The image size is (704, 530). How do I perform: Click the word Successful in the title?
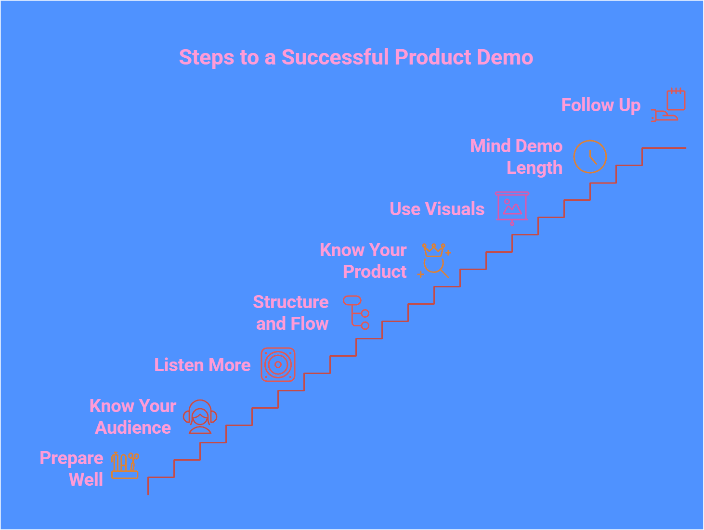click(335, 57)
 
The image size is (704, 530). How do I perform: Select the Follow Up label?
click(600, 105)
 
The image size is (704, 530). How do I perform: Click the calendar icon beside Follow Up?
click(676, 100)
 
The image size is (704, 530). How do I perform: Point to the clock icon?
click(590, 157)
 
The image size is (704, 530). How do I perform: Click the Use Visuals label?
click(437, 209)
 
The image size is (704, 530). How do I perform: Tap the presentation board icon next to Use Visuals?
click(512, 207)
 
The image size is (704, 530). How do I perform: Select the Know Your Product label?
click(364, 261)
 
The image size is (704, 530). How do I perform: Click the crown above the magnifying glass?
click(434, 250)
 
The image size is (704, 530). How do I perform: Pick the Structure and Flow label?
click(291, 313)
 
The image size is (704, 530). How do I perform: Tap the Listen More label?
click(202, 365)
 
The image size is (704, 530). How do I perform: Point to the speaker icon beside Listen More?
click(278, 365)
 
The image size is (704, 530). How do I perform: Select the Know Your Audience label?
click(133, 417)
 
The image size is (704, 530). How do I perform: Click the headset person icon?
click(200, 417)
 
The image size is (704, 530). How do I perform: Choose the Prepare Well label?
click(72, 468)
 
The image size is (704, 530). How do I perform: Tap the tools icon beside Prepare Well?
click(125, 465)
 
